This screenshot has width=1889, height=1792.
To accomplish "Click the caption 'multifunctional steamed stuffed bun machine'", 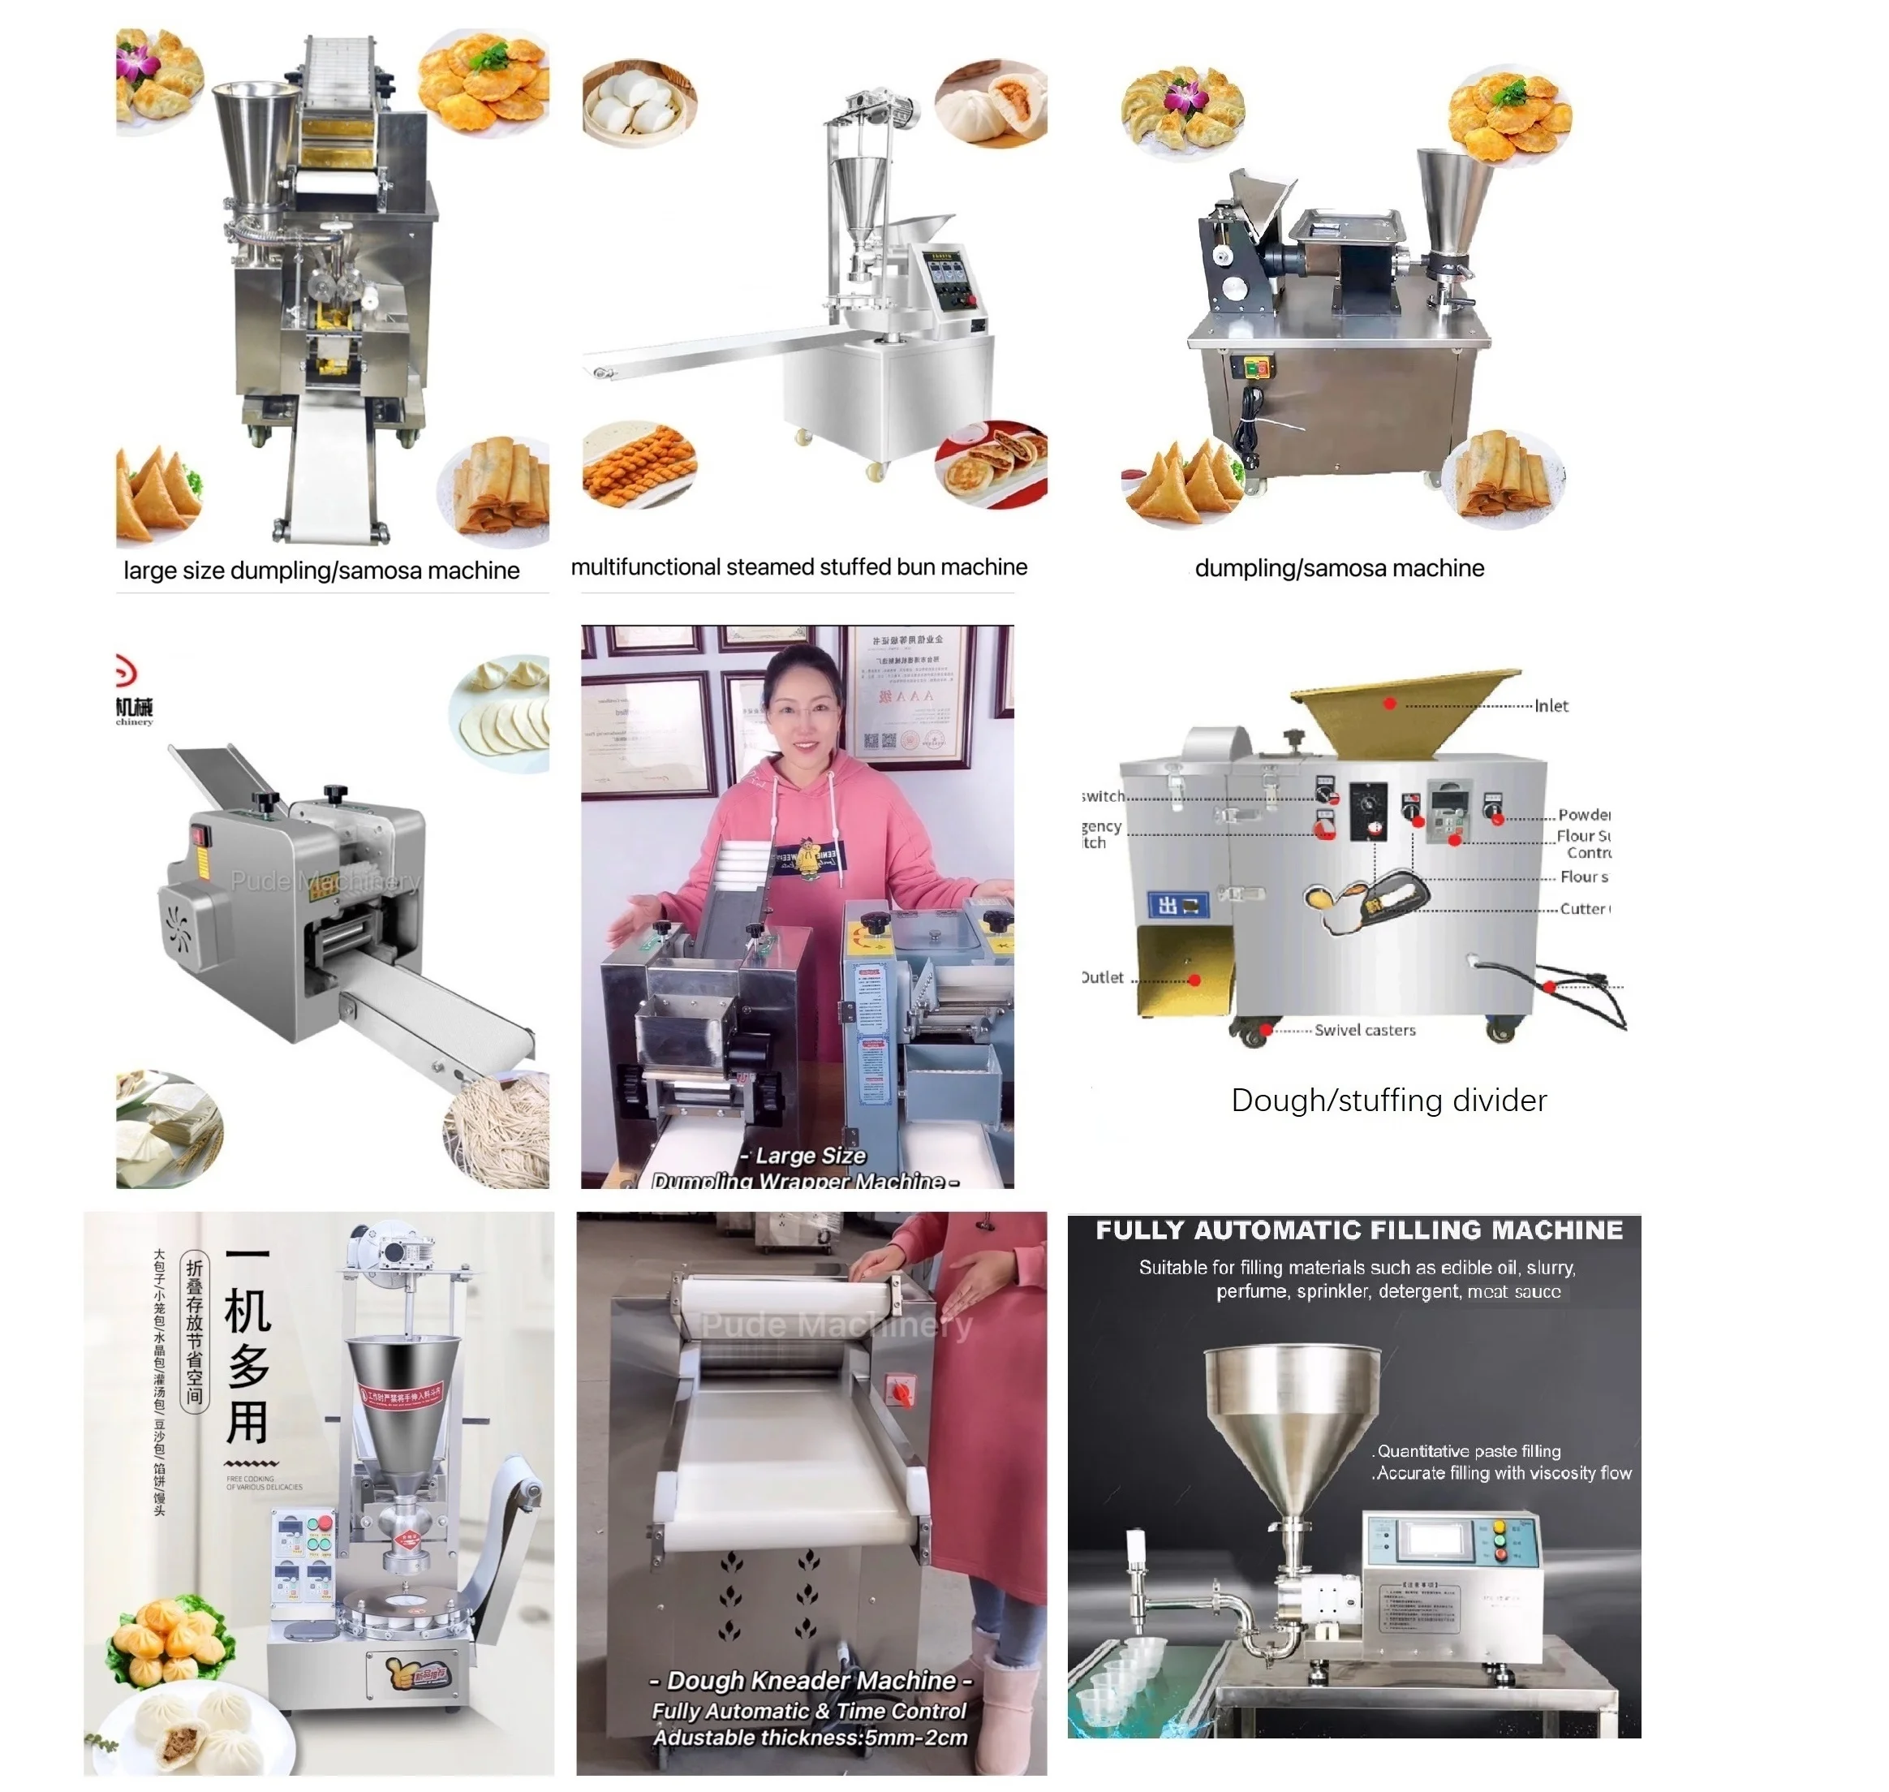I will click(798, 566).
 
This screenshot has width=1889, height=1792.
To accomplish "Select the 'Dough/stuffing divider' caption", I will click(1388, 1100).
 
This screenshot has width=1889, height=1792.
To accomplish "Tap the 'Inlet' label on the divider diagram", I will click(1550, 706).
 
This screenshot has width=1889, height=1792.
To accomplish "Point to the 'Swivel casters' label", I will click(1364, 1030).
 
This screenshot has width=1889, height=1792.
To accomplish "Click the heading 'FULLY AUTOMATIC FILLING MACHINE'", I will click(1358, 1230).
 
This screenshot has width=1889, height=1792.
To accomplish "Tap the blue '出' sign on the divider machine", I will click(1177, 905).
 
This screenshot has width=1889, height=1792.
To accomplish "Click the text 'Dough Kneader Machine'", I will click(811, 1679).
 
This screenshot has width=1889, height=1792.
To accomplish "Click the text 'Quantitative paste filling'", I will click(1468, 1450).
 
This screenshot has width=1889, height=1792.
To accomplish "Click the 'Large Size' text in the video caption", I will click(809, 1155).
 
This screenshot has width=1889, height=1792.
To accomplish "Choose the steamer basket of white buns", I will click(638, 103).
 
